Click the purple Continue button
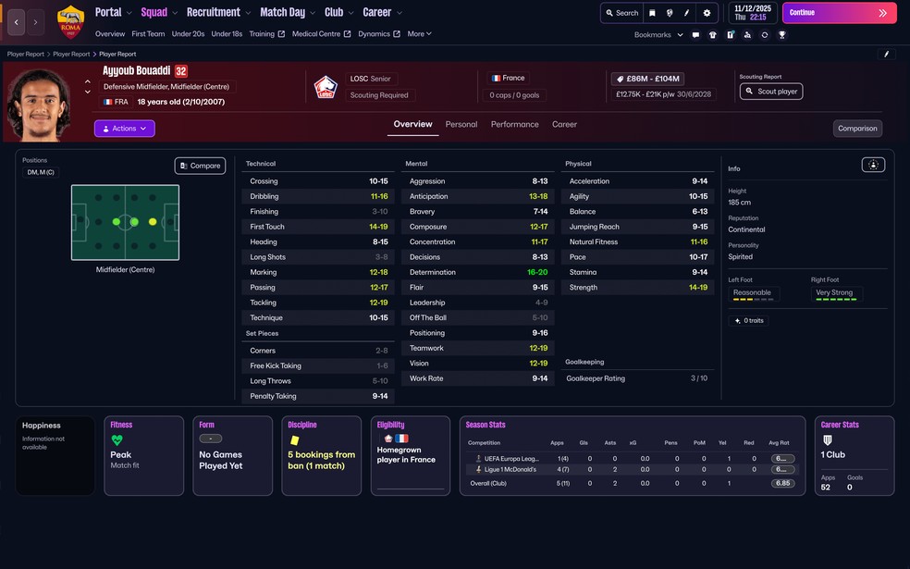(x=839, y=13)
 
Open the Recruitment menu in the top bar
(x=214, y=12)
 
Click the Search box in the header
(x=621, y=13)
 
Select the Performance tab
(x=514, y=124)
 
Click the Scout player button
(x=771, y=92)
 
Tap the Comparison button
(x=857, y=129)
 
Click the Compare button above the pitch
(x=200, y=166)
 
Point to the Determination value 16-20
(x=537, y=272)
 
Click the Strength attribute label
(x=584, y=288)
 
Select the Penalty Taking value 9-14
(x=379, y=396)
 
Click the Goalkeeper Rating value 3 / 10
(x=699, y=378)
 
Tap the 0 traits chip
(x=750, y=321)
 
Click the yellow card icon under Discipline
(x=294, y=440)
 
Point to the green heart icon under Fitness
(x=117, y=440)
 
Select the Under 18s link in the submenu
(x=227, y=34)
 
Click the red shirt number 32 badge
(x=181, y=71)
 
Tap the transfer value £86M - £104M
(x=652, y=80)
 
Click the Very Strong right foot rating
(x=834, y=292)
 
